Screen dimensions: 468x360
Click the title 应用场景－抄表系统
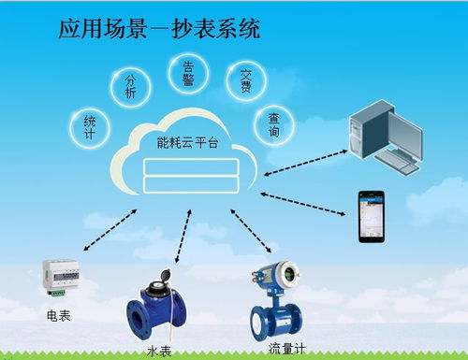click(159, 28)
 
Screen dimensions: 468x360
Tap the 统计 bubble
click(89, 127)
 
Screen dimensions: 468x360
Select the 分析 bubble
click(131, 87)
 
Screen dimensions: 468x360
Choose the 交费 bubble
click(245, 81)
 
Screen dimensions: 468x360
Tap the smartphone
click(370, 215)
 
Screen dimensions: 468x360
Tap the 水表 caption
click(158, 352)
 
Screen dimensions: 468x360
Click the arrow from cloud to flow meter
click(249, 235)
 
